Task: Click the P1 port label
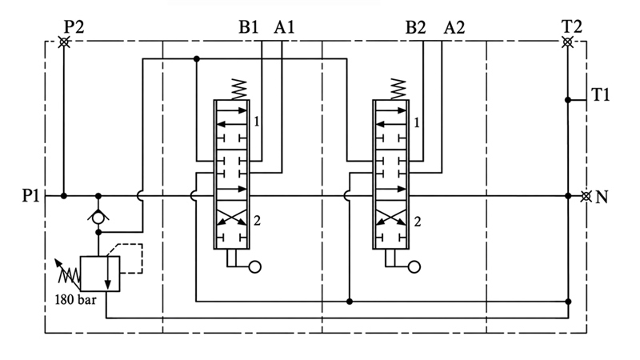coord(30,196)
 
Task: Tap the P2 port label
coord(74,27)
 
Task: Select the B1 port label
coord(249,27)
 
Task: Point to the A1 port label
coord(284,27)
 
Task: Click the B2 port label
coord(415,28)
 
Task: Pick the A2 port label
coord(454,28)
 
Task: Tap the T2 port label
coord(572,26)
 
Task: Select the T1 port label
coord(601,94)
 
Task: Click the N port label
coord(602,197)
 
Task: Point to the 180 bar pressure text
coord(76,300)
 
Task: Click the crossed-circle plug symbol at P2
coord(64,42)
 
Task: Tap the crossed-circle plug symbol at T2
coord(567,42)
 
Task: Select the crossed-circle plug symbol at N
coord(586,196)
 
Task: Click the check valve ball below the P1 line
coord(98,218)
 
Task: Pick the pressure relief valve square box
coord(100,274)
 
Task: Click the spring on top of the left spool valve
coord(239,90)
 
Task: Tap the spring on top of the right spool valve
coord(398,90)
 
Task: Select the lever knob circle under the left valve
coord(254,267)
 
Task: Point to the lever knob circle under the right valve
coord(414,267)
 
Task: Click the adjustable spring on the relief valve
coord(68,272)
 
